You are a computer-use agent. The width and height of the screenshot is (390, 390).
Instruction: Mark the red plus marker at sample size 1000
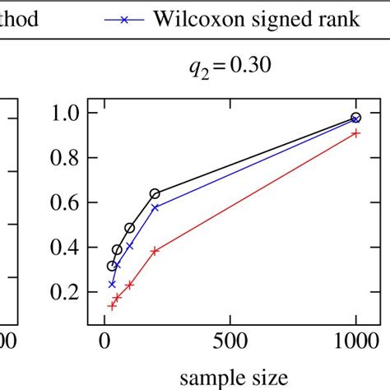click(x=355, y=133)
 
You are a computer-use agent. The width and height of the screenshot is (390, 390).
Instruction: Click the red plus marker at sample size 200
click(x=155, y=251)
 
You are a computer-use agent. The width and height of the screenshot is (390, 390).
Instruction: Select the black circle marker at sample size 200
click(x=155, y=194)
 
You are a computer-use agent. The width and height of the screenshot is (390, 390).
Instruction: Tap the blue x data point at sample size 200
click(x=155, y=207)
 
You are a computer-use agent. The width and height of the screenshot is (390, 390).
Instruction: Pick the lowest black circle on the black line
click(x=112, y=266)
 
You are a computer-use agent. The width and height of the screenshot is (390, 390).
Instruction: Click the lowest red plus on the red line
click(x=112, y=305)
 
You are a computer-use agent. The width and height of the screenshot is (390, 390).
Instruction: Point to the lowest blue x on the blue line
click(x=112, y=284)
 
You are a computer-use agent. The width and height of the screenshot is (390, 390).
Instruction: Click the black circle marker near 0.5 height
click(x=130, y=228)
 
